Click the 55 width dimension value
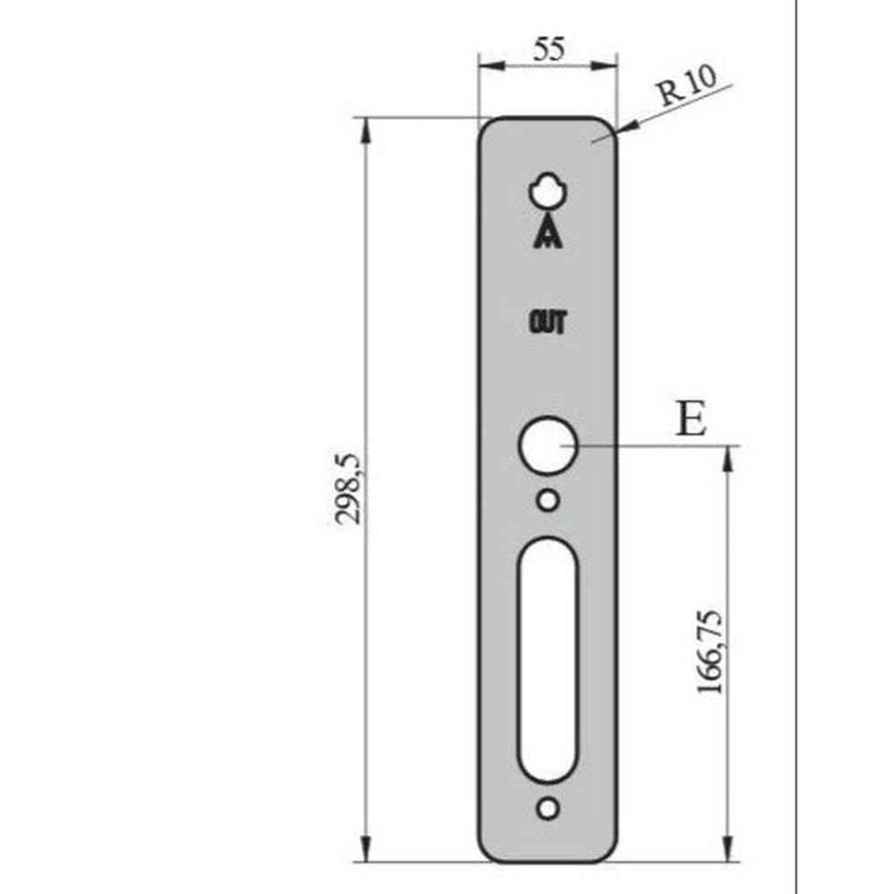pyautogui.click(x=548, y=50)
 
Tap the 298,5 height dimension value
pyautogui.click(x=349, y=489)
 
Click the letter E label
pyautogui.click(x=691, y=418)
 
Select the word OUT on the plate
pyautogui.click(x=548, y=323)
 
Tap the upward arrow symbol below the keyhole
pyautogui.click(x=549, y=233)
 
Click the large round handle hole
pyautogui.click(x=548, y=446)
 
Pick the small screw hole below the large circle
pyautogui.click(x=548, y=499)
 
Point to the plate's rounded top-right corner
pyautogui.click(x=609, y=126)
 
